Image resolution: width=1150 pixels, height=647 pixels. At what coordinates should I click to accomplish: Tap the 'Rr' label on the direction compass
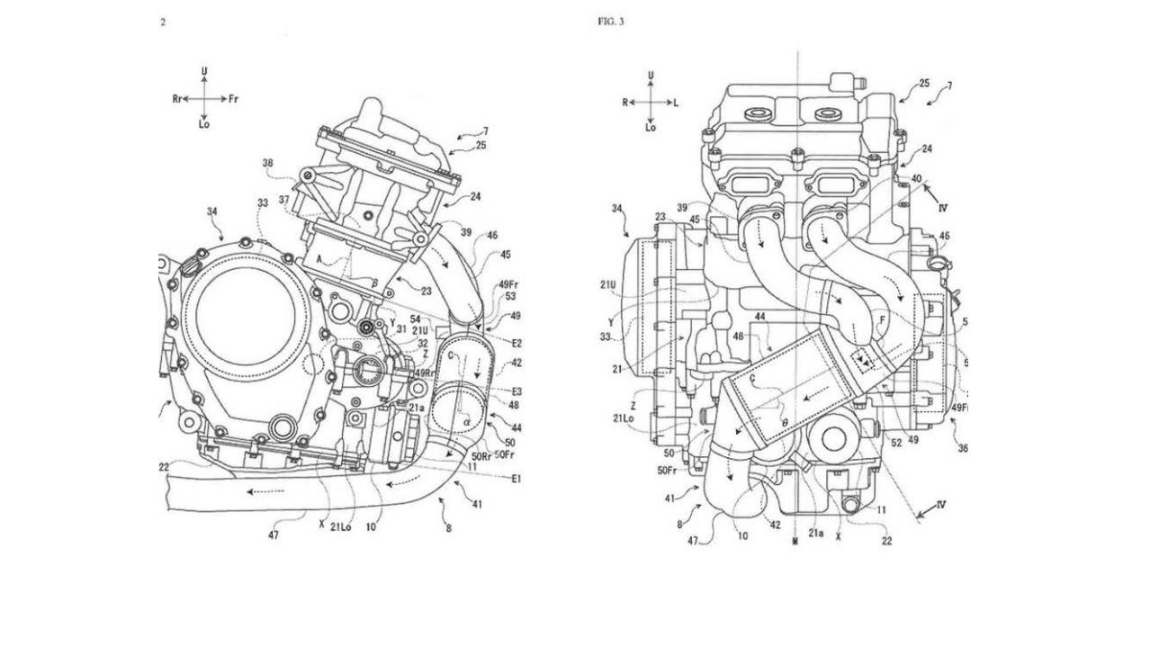[x=177, y=98]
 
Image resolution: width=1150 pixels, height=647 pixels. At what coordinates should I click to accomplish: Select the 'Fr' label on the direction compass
[x=234, y=98]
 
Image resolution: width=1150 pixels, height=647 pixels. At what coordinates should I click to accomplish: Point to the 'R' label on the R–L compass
[x=624, y=103]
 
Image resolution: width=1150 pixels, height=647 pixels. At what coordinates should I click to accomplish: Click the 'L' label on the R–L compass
[x=676, y=103]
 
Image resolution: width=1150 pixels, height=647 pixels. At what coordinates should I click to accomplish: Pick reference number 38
[x=267, y=164]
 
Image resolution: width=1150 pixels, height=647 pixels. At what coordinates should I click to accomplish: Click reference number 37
[x=284, y=200]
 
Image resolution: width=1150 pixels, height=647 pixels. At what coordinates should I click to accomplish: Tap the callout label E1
[x=517, y=479]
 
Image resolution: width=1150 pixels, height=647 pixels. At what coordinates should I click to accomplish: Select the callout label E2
[x=517, y=343]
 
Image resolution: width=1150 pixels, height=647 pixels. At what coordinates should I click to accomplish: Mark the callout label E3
[x=517, y=391]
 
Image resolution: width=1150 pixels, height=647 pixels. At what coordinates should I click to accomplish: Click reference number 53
[x=511, y=296]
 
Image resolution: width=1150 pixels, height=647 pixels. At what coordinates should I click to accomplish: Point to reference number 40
[x=917, y=178]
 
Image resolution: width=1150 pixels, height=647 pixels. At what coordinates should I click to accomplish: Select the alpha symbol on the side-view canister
[x=467, y=418]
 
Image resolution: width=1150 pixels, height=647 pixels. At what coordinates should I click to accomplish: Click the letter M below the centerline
[x=796, y=543]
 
